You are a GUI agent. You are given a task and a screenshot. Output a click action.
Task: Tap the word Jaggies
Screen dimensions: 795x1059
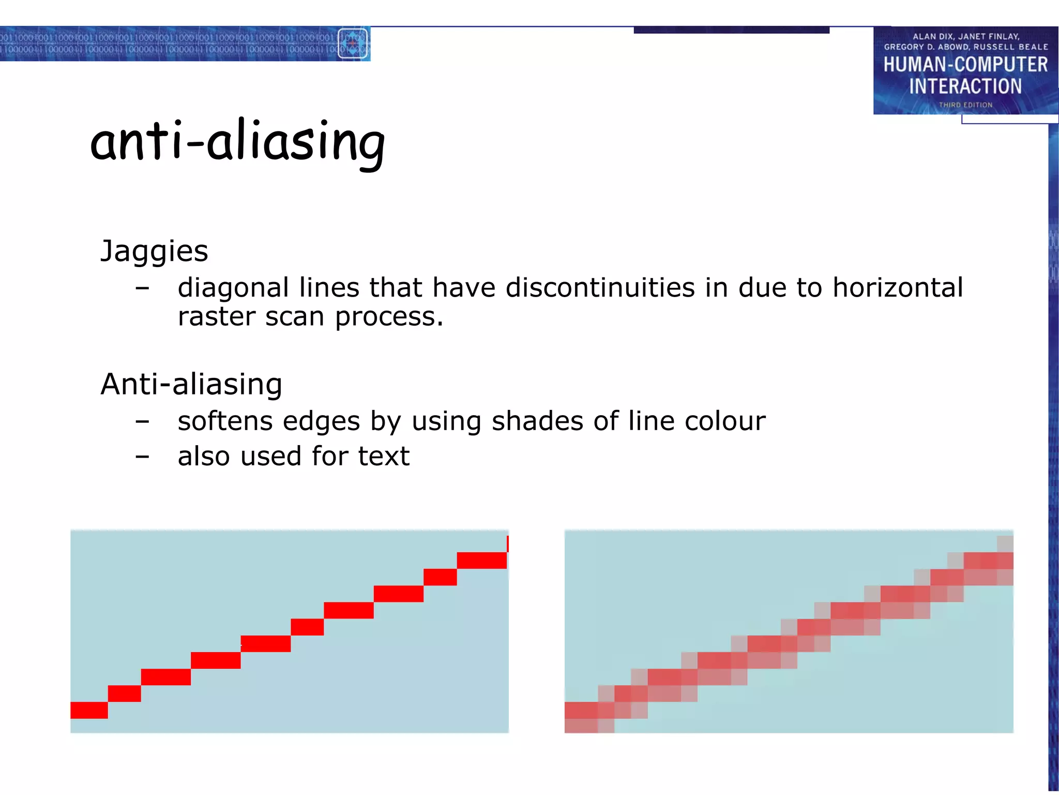coord(154,252)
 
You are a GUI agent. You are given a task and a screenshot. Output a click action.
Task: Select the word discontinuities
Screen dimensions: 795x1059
coord(600,287)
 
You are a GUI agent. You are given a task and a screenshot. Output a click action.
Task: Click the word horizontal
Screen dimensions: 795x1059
coord(898,287)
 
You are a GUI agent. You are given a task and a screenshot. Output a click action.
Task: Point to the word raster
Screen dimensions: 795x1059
coord(217,316)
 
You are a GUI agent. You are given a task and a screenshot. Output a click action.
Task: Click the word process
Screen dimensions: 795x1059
coord(389,317)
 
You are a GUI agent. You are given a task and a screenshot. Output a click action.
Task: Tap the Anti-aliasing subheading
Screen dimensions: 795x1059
coord(191,384)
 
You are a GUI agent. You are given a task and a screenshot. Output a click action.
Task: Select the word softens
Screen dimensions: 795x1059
coord(225,421)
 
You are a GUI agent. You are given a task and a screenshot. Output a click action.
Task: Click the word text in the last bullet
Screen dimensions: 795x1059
coord(384,457)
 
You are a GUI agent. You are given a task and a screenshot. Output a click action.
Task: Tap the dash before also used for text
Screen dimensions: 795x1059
coord(142,457)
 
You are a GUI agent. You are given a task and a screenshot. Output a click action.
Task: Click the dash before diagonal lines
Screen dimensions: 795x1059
coord(142,288)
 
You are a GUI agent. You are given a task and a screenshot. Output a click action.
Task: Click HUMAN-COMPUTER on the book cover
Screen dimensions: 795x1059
coord(965,65)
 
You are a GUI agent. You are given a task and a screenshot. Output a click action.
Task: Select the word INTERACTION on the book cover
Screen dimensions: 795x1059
coord(965,86)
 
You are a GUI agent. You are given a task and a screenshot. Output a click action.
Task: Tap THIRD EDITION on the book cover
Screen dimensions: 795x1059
coord(965,105)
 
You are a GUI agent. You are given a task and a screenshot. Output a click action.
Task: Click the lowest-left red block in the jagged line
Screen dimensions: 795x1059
coord(89,710)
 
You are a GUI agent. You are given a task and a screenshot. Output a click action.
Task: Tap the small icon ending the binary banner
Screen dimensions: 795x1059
coord(353,43)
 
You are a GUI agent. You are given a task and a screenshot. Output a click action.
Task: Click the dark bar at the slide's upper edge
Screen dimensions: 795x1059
coord(731,30)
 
